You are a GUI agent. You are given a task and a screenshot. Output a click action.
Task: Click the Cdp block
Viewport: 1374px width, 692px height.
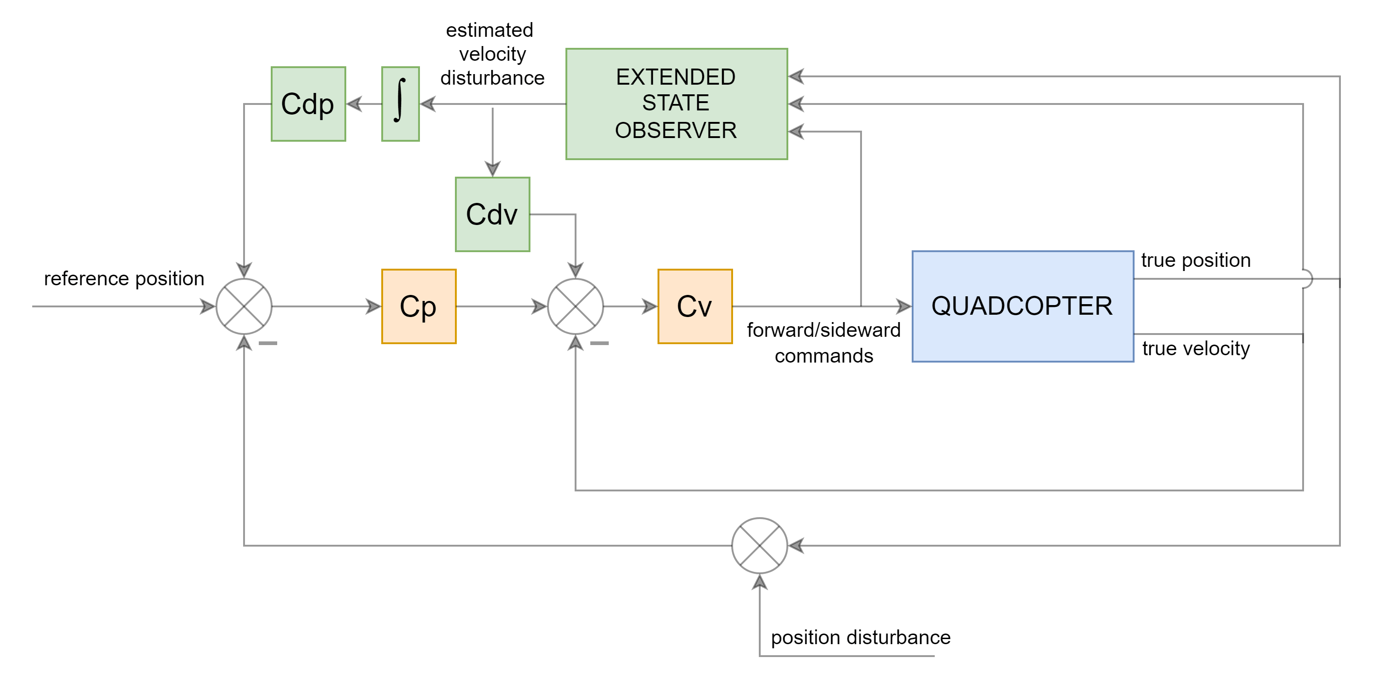click(x=309, y=104)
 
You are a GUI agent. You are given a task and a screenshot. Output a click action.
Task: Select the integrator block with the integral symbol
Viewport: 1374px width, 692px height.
click(x=400, y=104)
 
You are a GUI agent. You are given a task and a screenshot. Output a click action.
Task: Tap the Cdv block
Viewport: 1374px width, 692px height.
click(x=492, y=214)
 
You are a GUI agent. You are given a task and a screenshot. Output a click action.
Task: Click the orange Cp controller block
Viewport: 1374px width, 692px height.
click(x=419, y=306)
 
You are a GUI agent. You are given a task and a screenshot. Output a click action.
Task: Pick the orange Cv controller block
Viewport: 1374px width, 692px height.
click(x=695, y=306)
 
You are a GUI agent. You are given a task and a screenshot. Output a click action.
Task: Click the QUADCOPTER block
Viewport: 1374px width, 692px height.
click(x=1023, y=306)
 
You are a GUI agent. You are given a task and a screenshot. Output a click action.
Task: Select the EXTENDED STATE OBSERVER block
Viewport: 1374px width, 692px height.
click(x=676, y=104)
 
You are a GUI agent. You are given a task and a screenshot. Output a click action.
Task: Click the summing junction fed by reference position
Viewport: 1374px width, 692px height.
click(x=244, y=306)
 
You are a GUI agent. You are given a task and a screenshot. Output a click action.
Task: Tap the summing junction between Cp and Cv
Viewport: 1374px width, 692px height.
click(x=576, y=306)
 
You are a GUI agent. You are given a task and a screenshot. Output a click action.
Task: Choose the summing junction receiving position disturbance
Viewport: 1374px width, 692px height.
click(x=760, y=545)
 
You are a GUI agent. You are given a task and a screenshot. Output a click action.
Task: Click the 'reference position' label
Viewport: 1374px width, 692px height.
click(x=124, y=278)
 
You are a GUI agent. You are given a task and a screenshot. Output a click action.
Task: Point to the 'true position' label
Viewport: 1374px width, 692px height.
click(x=1195, y=260)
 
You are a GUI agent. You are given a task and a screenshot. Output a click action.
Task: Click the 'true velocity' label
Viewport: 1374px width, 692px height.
click(x=1195, y=349)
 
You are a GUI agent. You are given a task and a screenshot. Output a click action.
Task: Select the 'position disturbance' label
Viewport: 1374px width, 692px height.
click(x=860, y=637)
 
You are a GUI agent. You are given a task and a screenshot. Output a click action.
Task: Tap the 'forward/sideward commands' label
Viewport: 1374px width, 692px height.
click(x=824, y=343)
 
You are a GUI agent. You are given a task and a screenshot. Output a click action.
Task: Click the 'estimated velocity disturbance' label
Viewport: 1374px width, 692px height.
click(x=492, y=54)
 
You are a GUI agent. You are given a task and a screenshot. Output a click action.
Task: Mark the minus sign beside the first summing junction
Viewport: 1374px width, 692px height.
click(x=268, y=343)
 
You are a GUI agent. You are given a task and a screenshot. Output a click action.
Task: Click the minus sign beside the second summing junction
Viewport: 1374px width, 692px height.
click(x=600, y=343)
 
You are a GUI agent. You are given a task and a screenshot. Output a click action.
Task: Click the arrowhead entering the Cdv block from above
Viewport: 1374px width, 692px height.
click(x=492, y=169)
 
